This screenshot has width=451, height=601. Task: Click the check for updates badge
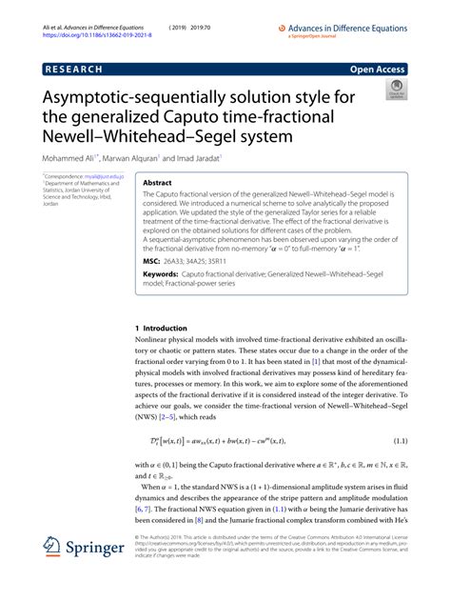click(397, 90)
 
